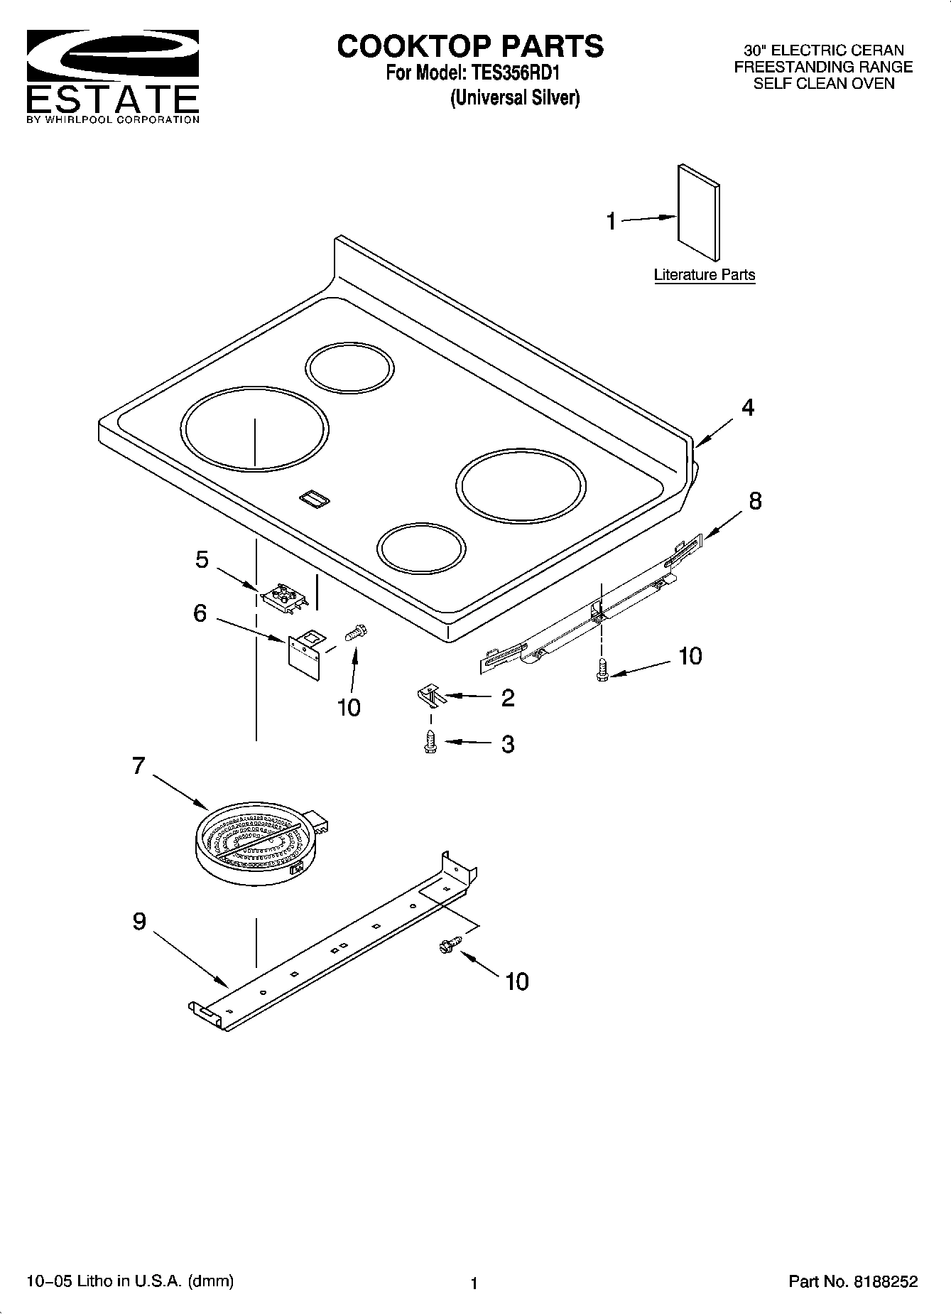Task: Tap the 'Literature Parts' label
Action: (704, 275)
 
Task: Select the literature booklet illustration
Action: (698, 213)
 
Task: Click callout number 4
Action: (747, 408)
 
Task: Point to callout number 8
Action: (754, 501)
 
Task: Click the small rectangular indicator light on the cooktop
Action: (313, 499)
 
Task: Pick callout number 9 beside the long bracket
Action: (139, 922)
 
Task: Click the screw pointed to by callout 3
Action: (429, 743)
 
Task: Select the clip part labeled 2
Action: (430, 695)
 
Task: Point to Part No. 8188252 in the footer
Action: (853, 1281)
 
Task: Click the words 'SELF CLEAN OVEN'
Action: (823, 83)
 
